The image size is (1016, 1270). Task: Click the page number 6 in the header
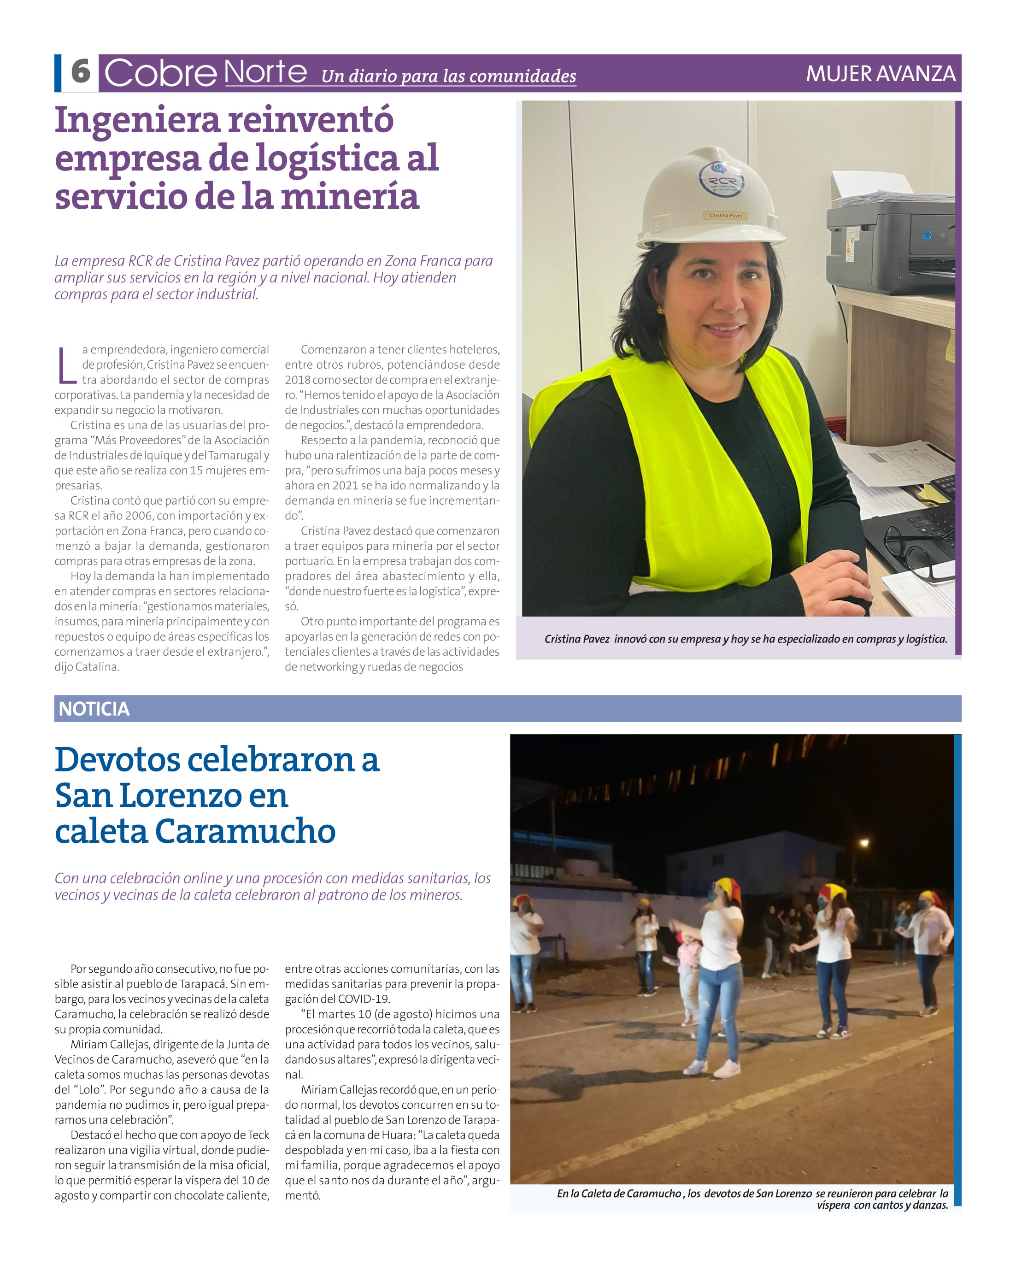[81, 72]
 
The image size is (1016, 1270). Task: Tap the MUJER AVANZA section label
[880, 74]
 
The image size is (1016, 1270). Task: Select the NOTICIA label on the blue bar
[94, 709]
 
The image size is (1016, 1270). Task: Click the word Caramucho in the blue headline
[245, 831]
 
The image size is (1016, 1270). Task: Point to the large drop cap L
[66, 365]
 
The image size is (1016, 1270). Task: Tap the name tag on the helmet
[726, 216]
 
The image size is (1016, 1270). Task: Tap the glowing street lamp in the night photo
[864, 844]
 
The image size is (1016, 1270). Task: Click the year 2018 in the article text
[298, 380]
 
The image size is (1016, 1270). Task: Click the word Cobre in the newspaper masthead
[160, 73]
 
